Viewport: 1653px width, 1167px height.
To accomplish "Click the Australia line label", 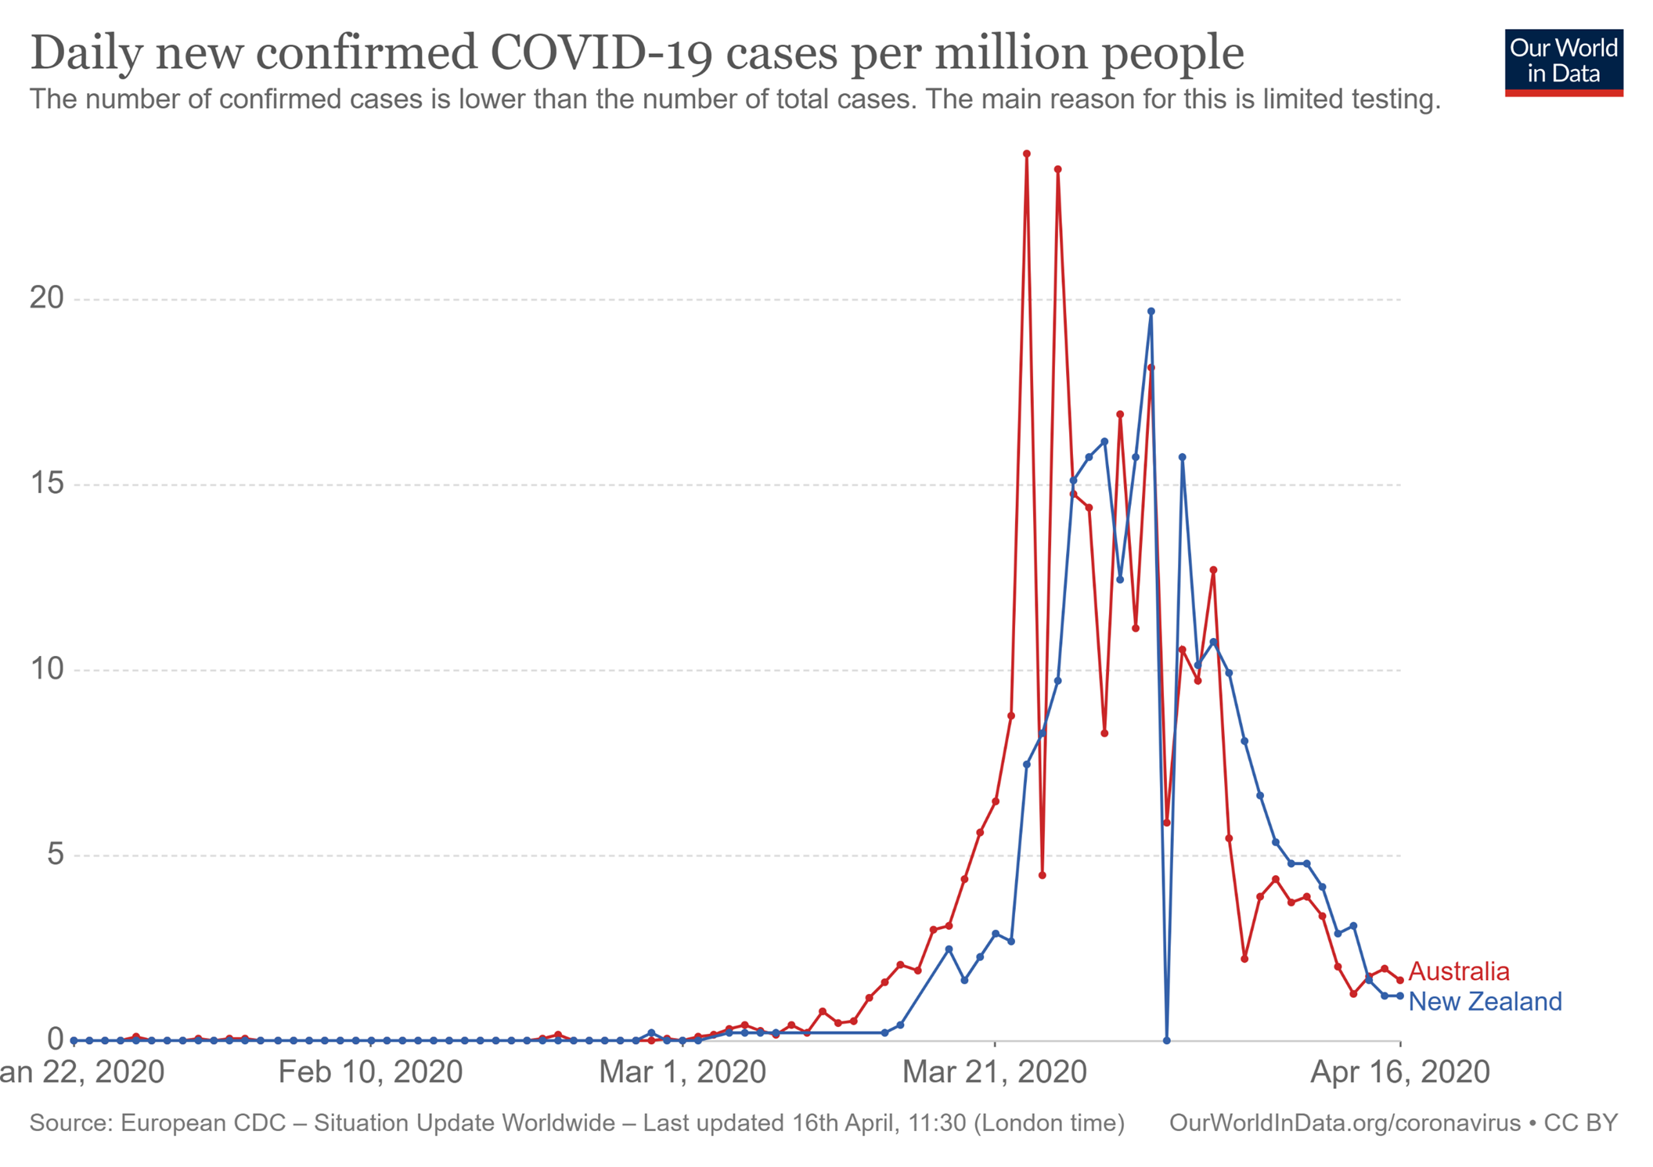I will pos(1458,971).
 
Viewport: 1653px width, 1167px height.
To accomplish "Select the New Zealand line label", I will pos(1485,1001).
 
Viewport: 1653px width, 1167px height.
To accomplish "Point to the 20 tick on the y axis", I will pos(46,297).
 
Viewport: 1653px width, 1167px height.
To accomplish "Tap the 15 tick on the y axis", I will pos(46,483).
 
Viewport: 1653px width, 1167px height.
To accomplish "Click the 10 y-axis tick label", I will pos(46,668).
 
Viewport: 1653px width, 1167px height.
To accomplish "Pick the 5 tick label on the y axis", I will pos(55,854).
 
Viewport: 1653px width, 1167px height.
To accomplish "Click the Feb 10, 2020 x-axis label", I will pos(370,1072).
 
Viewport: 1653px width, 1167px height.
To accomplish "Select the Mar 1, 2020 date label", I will pos(682,1072).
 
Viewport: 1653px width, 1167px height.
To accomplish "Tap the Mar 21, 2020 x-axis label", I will pos(994,1072).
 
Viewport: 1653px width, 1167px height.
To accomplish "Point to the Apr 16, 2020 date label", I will pos(1399,1072).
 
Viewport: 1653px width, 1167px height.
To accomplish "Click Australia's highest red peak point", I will pos(1027,154).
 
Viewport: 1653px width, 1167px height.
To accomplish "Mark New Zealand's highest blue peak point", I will pos(1151,312).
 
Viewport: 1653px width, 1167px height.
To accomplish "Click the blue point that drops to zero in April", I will pos(1166,1040).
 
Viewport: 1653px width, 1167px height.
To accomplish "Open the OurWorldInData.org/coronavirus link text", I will pos(1344,1123).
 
